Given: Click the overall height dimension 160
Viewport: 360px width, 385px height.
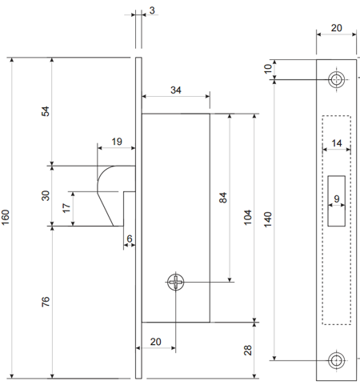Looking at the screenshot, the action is [6, 217].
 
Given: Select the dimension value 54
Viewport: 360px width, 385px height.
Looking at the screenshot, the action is [46, 111].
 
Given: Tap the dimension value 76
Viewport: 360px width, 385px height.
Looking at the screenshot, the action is [46, 302].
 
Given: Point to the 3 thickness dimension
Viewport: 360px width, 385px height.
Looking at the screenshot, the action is [152, 10].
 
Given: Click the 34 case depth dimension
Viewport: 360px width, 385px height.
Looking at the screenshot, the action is [176, 90].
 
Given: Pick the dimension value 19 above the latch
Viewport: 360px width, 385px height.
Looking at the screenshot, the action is [117, 142].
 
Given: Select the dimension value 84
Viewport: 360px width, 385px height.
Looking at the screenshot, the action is [223, 198].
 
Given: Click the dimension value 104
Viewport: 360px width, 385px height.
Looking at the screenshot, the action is [248, 218].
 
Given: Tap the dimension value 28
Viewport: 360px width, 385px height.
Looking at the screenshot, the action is [248, 350].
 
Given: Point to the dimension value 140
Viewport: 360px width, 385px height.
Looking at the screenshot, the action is [268, 219].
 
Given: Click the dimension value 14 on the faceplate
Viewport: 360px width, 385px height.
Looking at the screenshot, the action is [337, 143].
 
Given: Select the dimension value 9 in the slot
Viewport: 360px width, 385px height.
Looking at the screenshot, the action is [337, 199].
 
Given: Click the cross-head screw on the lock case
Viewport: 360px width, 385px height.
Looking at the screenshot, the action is [176, 282].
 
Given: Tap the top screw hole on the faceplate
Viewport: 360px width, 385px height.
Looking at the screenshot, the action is [336, 79].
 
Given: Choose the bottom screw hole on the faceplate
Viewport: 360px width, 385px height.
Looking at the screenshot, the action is [336, 360].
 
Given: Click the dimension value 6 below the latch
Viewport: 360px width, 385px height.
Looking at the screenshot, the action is [130, 239].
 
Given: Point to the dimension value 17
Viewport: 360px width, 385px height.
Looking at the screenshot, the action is [66, 208].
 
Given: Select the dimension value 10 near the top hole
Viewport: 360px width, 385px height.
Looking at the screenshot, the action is [268, 69].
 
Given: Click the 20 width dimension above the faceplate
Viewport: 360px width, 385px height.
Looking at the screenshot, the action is [337, 28].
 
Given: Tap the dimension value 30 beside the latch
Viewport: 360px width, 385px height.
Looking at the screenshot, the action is [46, 195].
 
